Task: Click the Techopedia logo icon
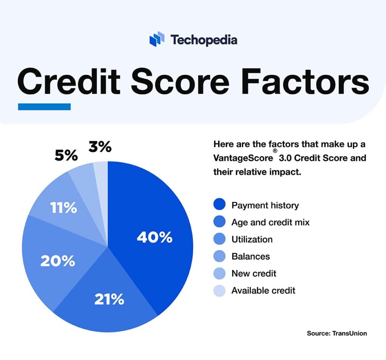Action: pyautogui.click(x=157, y=39)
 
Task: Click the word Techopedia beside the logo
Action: pyautogui.click(x=204, y=40)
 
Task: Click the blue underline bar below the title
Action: pyautogui.click(x=44, y=107)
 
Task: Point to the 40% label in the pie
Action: pyautogui.click(x=155, y=237)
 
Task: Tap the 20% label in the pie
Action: pyautogui.click(x=58, y=261)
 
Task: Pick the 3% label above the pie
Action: pyautogui.click(x=100, y=147)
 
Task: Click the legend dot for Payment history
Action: pyautogui.click(x=219, y=205)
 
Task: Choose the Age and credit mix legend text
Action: pyautogui.click(x=270, y=222)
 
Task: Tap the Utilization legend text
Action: pyautogui.click(x=252, y=239)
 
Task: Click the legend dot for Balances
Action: pyautogui.click(x=219, y=256)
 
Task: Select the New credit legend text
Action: pyautogui.click(x=254, y=273)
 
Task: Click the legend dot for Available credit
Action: pyautogui.click(x=219, y=290)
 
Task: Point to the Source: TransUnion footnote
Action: pyautogui.click(x=337, y=333)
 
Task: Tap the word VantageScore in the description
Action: pyautogui.click(x=242, y=158)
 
